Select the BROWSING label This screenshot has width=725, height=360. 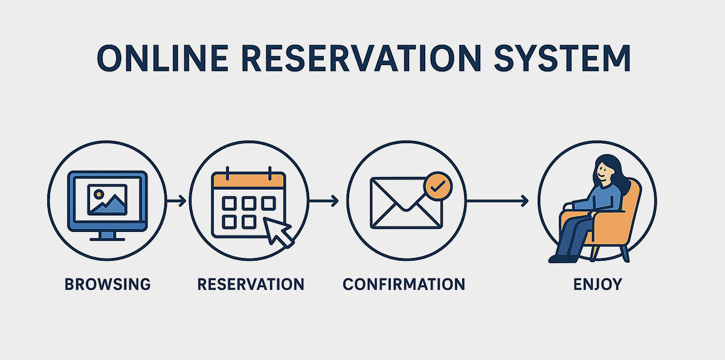[x=107, y=284]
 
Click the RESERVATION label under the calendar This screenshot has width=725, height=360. [x=251, y=284]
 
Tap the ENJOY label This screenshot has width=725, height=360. [x=597, y=284]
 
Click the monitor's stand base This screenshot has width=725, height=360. [x=107, y=237]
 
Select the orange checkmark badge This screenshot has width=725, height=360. [x=438, y=185]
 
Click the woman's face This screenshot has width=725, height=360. [x=605, y=170]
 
